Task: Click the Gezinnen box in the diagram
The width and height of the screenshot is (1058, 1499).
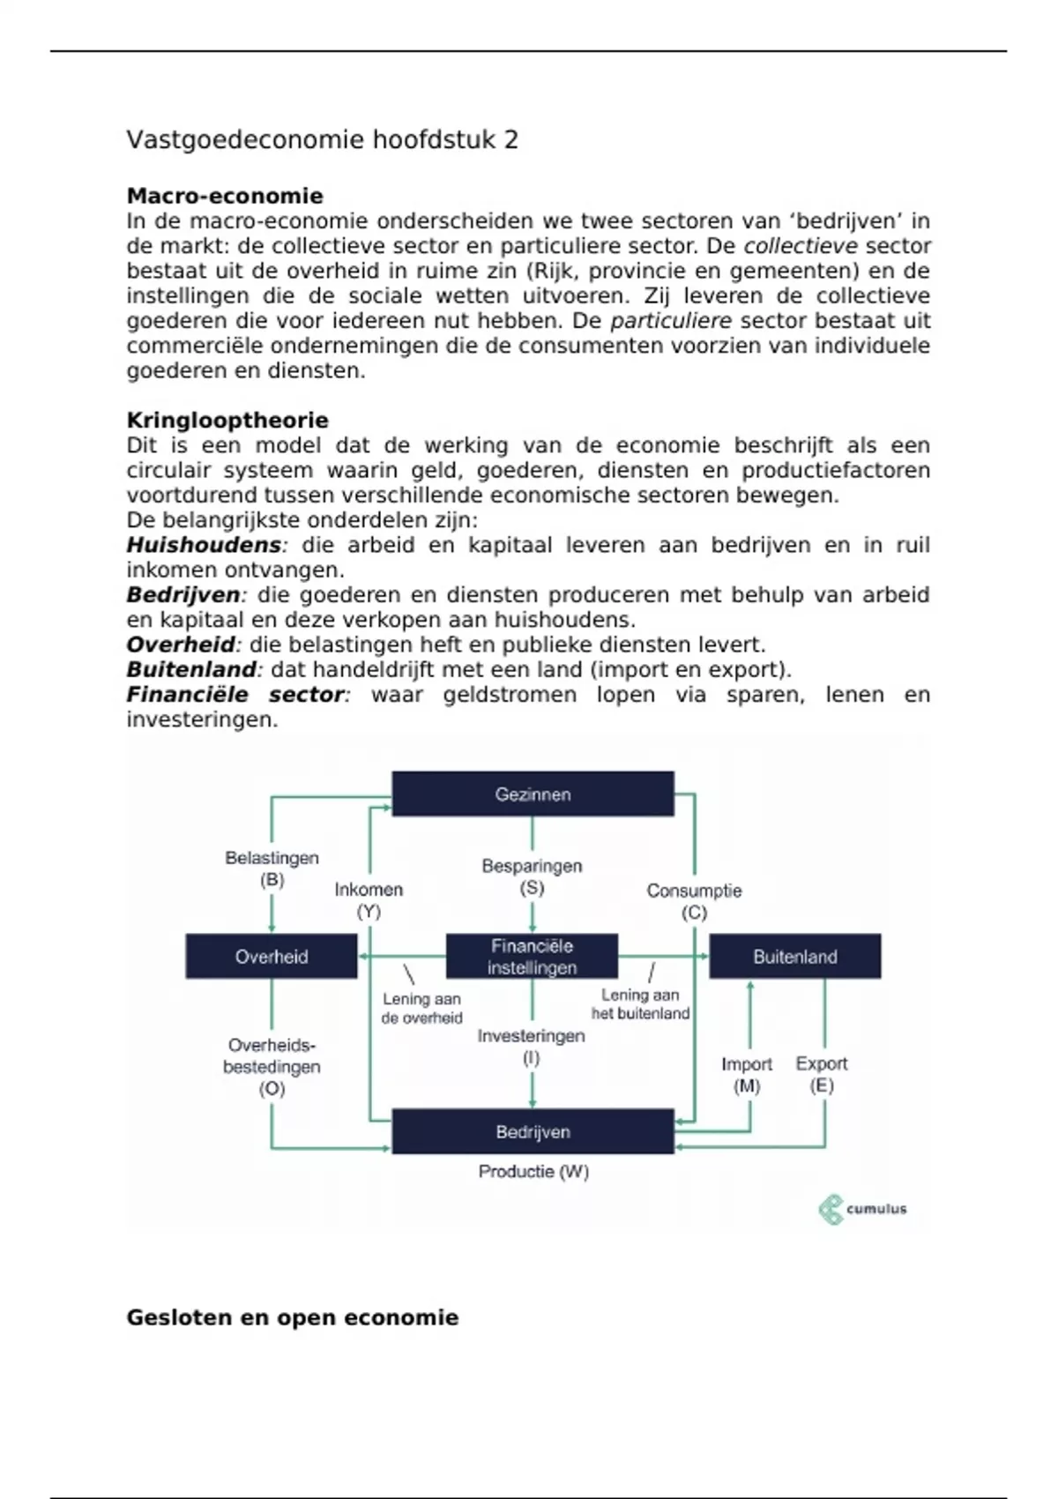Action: click(x=533, y=794)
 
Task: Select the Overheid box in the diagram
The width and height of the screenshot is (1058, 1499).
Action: click(x=272, y=957)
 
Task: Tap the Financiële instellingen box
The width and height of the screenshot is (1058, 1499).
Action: click(x=532, y=957)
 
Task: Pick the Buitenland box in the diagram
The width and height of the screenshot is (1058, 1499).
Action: click(x=794, y=957)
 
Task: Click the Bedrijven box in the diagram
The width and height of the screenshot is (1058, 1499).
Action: click(x=533, y=1131)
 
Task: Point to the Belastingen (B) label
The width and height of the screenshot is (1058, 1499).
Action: click(x=272, y=869)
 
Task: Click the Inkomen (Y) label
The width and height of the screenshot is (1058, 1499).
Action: click(x=369, y=900)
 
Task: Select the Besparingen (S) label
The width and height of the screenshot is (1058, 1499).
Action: click(x=532, y=876)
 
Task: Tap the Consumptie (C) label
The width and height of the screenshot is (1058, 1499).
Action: click(x=694, y=901)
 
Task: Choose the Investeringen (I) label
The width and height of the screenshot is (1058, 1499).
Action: click(x=531, y=1047)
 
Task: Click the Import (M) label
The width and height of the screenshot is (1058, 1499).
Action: click(x=747, y=1075)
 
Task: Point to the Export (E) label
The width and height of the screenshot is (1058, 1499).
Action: click(x=822, y=1074)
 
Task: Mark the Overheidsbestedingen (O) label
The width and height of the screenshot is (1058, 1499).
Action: click(x=272, y=1067)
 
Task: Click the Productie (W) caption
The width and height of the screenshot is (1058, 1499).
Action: click(x=533, y=1172)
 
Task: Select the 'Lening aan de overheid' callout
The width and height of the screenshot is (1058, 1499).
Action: click(x=421, y=1009)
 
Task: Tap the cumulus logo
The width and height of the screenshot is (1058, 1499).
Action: click(x=862, y=1209)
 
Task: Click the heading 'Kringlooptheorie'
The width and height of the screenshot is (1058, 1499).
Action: click(x=227, y=421)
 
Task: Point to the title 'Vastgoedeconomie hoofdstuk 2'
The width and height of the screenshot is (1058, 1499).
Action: click(x=322, y=139)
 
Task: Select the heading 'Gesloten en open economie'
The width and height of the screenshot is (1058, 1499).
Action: click(x=293, y=1317)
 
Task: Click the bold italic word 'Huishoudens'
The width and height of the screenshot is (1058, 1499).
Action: click(x=204, y=545)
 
